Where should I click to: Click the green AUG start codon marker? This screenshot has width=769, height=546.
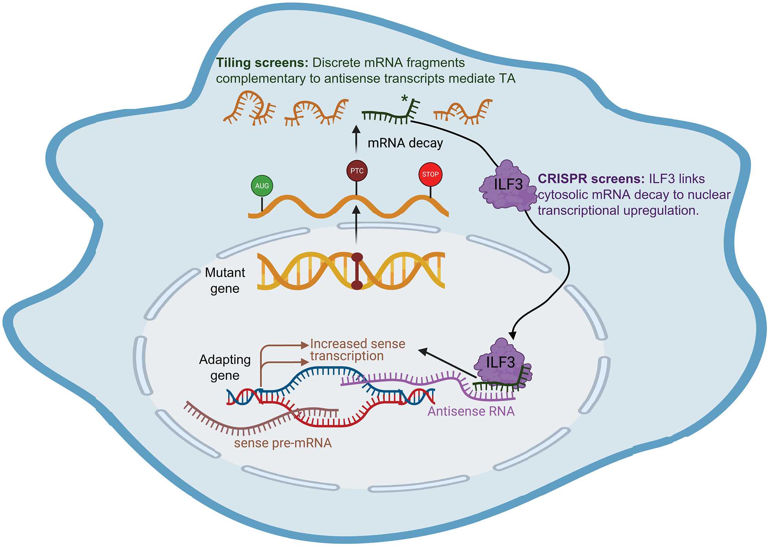click(262, 186)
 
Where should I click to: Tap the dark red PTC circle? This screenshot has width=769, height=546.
click(357, 171)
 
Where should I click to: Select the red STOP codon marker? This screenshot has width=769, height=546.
click(430, 174)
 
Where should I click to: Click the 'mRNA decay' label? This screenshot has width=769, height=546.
click(405, 143)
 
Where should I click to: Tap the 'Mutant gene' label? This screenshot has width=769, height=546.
click(225, 280)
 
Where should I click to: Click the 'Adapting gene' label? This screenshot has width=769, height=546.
click(225, 367)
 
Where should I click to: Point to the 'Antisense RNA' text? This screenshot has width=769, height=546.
click(471, 412)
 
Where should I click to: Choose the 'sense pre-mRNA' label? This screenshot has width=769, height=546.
click(283, 443)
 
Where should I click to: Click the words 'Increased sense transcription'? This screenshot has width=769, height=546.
click(357, 350)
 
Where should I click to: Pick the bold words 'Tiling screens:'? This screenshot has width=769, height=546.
click(262, 63)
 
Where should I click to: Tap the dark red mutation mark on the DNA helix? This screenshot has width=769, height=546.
click(357, 271)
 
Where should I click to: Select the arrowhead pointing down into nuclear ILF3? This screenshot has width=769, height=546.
click(513, 335)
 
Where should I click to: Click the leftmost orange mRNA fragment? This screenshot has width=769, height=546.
click(249, 108)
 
